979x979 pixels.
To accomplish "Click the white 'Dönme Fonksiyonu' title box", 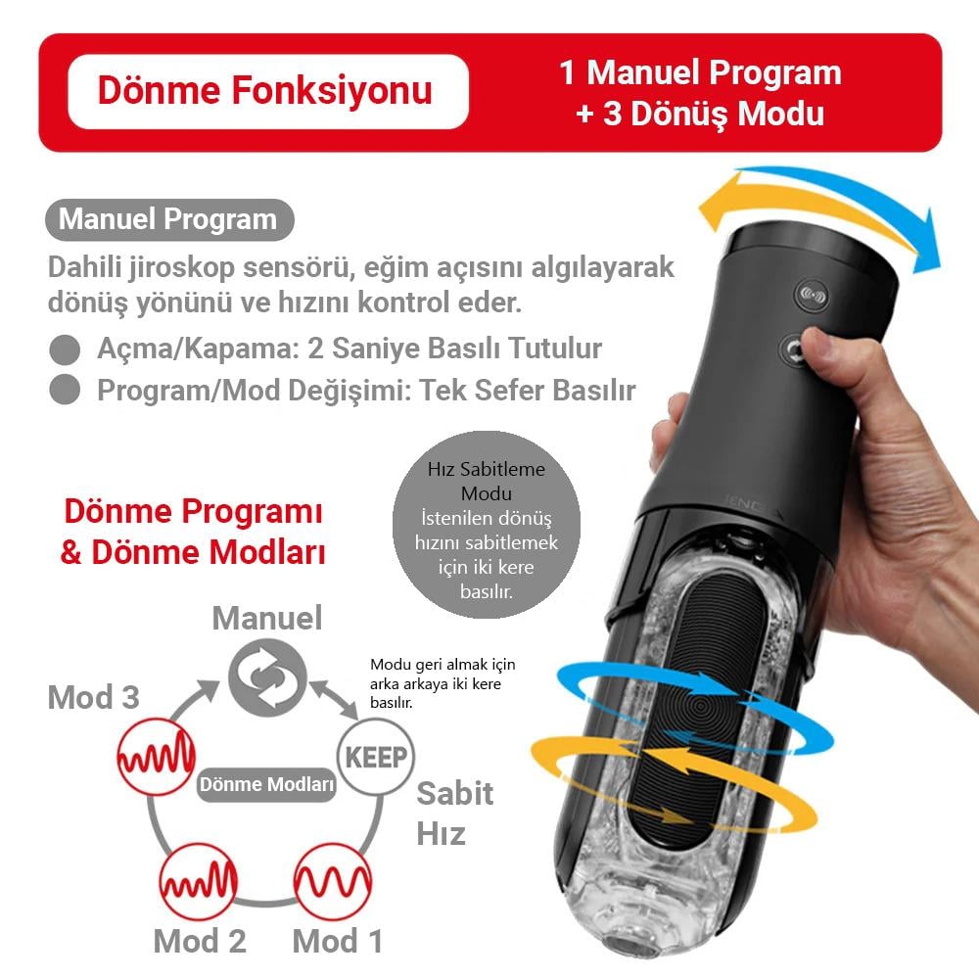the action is click(x=268, y=91).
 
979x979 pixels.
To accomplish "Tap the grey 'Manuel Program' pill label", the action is click(x=169, y=219).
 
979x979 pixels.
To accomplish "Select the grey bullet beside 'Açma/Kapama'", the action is click(x=65, y=350).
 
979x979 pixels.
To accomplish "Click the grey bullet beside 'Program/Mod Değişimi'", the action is click(x=65, y=390).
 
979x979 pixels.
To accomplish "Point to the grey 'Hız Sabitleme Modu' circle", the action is click(x=486, y=525).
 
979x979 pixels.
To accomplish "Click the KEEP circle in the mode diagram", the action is click(x=376, y=757).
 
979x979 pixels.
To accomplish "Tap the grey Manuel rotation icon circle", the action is click(x=268, y=677).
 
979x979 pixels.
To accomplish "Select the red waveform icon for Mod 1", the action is click(x=333, y=881).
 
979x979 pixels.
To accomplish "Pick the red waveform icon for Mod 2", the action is click(x=199, y=881).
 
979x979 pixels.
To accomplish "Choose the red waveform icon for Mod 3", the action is click(x=157, y=757).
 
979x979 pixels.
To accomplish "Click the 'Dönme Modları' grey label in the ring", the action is click(x=266, y=784).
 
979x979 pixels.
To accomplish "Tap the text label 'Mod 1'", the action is click(x=337, y=941).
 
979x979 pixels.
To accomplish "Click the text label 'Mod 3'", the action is click(x=94, y=697).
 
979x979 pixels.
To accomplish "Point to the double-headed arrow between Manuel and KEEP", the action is click(x=334, y=699).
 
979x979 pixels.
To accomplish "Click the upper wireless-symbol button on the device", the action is click(x=813, y=294).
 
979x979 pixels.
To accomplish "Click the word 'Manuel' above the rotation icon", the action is click(x=267, y=618).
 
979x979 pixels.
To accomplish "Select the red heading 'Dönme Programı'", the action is click(x=194, y=512).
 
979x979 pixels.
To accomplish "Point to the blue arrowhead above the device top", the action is click(x=926, y=244).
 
